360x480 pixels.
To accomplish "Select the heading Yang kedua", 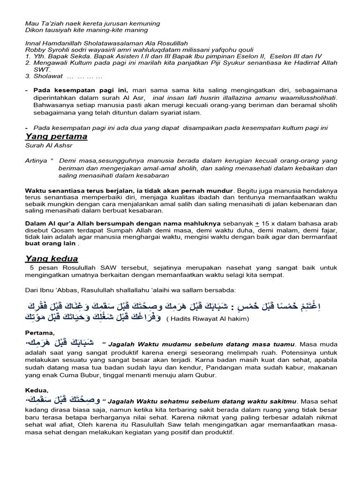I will tap(51, 259).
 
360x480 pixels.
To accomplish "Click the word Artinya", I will tap(37, 160).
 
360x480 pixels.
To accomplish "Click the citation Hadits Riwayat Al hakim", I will tap(208, 319).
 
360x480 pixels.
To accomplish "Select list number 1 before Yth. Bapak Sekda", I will tap(28, 56).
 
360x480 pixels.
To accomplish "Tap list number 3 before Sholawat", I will tap(28, 76).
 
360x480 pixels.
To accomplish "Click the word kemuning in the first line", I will tap(143, 23).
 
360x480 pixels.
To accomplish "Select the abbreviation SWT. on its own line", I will tap(40, 69).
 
